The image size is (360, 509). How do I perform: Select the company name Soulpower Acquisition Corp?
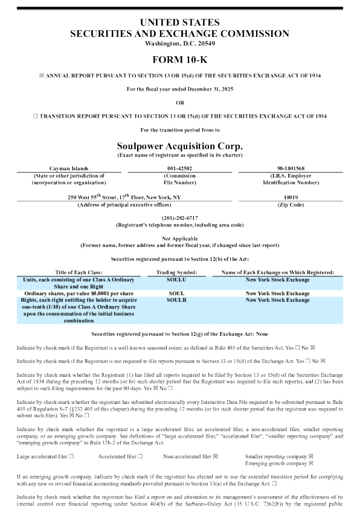click(179, 146)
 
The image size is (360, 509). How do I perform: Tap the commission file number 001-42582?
click(179, 168)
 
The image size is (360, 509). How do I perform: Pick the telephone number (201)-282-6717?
click(179, 218)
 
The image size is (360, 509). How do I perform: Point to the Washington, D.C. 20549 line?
click(179, 43)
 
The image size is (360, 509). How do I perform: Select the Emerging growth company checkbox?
click(310, 464)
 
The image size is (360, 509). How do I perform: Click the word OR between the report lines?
click(179, 102)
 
